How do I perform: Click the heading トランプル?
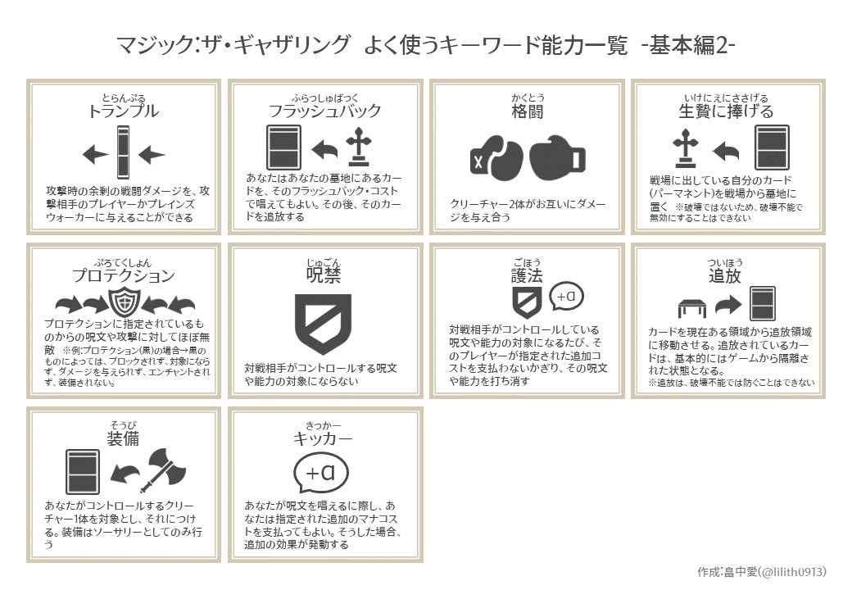pos(123,111)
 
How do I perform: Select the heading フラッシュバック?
pos(324,111)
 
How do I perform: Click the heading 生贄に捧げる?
pos(726,111)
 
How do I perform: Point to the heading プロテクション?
pos(123,276)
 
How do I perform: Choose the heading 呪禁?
pos(324,276)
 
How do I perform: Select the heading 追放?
pos(726,276)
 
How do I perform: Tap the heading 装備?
pos(123,438)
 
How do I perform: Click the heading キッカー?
pos(324,438)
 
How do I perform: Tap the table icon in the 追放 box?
pos(692,308)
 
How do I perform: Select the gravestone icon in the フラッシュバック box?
pos(358,147)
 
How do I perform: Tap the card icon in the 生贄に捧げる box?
pos(771,147)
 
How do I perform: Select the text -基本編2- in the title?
pos(688,46)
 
